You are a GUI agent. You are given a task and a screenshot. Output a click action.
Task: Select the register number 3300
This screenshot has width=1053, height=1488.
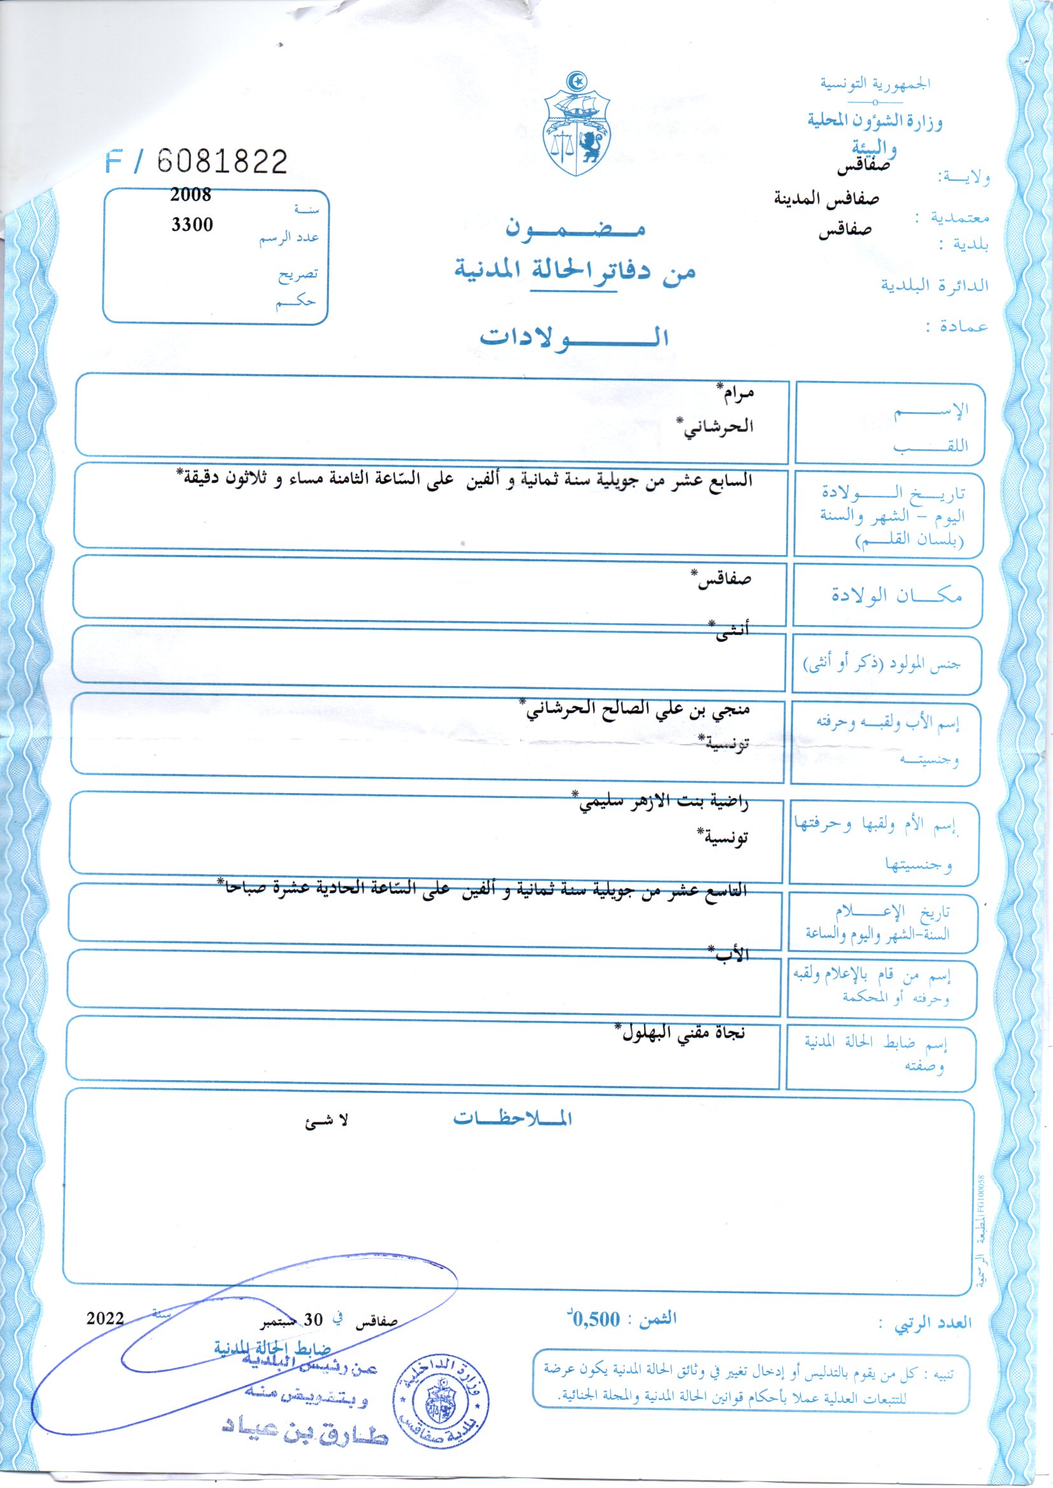coord(192,224)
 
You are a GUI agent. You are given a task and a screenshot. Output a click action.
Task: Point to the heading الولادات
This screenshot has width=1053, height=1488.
coord(573,337)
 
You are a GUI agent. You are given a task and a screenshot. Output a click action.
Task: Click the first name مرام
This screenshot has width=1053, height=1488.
coord(734,391)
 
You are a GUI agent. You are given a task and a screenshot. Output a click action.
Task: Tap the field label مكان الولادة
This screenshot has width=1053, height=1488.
coord(897,595)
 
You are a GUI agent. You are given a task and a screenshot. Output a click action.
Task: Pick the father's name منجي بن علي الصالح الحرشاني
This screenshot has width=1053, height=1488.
coord(637,708)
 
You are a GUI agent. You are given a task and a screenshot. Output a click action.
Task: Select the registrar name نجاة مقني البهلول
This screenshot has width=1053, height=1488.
coord(680,1032)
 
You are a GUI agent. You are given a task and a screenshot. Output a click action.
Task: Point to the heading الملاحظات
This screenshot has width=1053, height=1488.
coord(512,1119)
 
